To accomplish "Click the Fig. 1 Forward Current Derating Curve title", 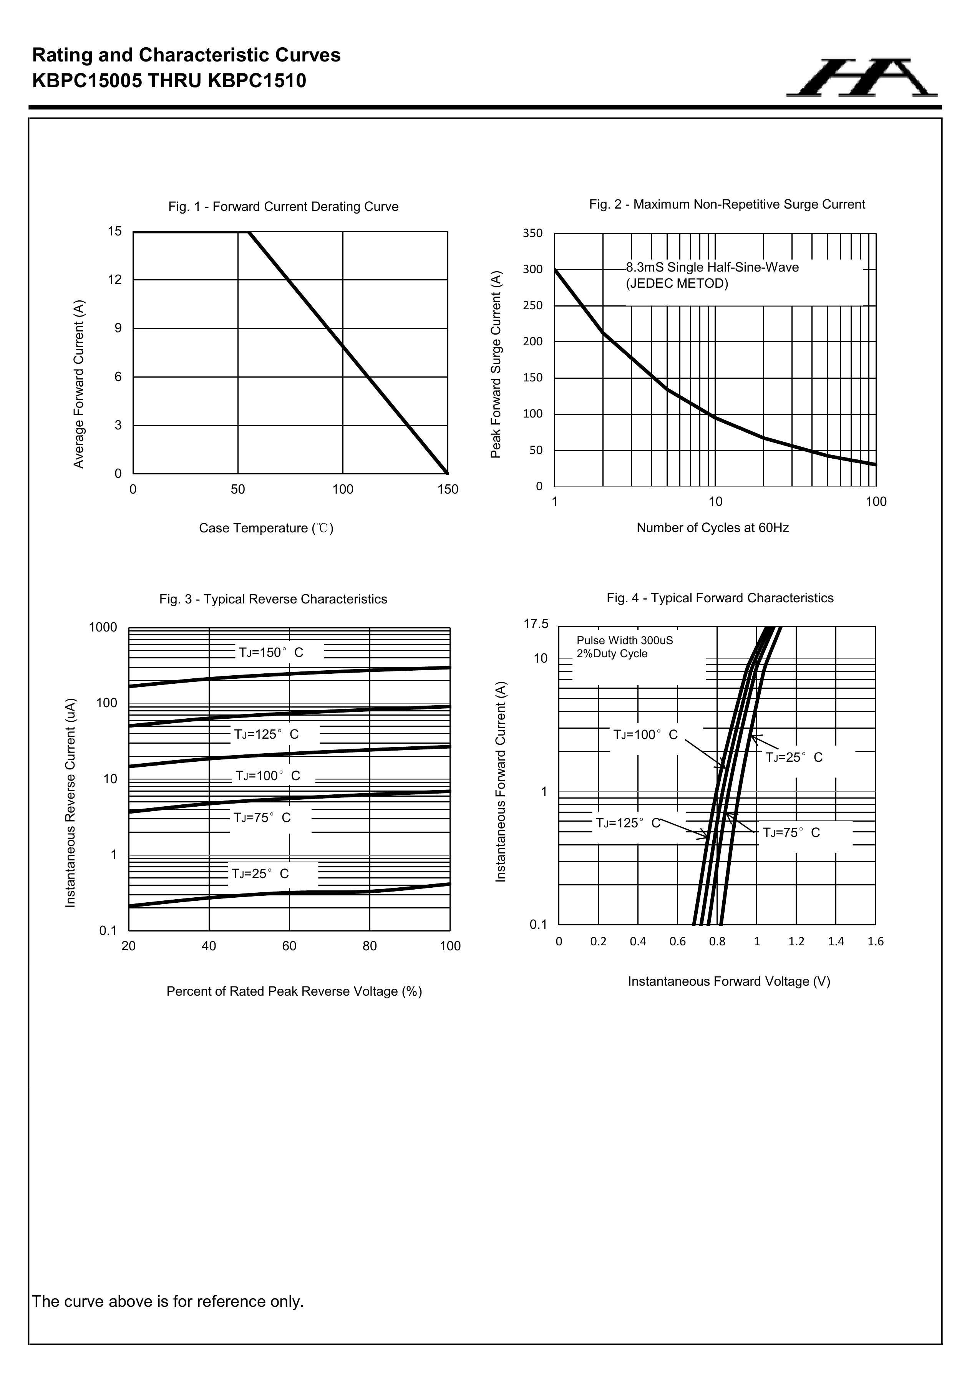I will pos(283,206).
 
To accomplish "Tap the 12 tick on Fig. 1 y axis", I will pos(115,280).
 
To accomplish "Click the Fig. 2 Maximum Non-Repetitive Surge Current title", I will pos(727,204).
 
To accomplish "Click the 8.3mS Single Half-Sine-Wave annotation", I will pos(712,267).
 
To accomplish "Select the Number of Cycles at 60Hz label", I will pos(712,528).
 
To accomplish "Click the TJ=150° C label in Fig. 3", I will pos(271,652).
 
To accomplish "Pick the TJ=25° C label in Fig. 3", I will pos(260,874).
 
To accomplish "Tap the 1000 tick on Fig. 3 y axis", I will pos(103,627).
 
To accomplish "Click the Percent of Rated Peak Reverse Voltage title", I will pos(294,991).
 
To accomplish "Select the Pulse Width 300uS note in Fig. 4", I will pos(624,640).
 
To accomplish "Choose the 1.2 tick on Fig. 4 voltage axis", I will pos(796,942).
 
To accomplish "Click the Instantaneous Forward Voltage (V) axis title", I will pos(728,981).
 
